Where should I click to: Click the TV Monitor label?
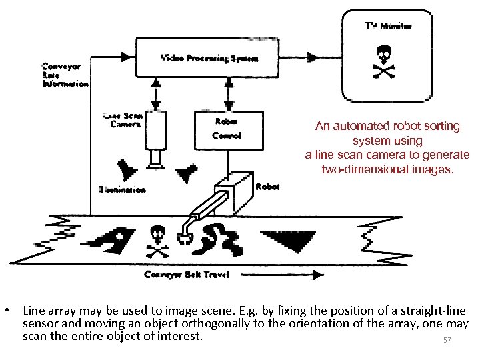(388, 26)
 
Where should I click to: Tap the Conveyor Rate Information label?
(65, 75)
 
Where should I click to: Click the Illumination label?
(121, 191)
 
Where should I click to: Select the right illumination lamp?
(187, 171)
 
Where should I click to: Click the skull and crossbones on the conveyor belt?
(157, 241)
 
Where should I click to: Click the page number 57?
(447, 341)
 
